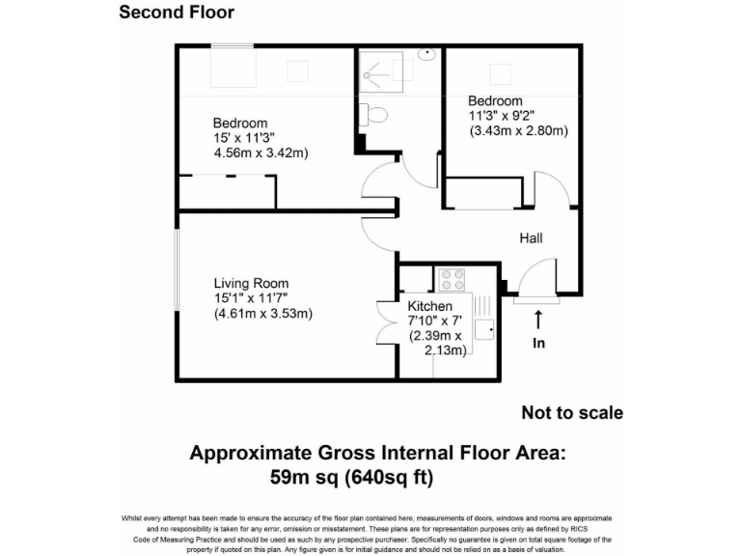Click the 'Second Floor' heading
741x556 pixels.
(x=176, y=13)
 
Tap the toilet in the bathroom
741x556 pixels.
(x=376, y=115)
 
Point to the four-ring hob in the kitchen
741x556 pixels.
(x=452, y=279)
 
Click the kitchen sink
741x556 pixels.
(x=483, y=328)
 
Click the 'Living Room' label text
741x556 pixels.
(x=251, y=283)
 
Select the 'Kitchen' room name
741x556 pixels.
(x=430, y=306)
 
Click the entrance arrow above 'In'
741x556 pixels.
(x=538, y=320)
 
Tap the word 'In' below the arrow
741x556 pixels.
(x=538, y=343)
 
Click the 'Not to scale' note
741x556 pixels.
(x=572, y=413)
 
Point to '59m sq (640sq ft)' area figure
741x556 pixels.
(x=351, y=477)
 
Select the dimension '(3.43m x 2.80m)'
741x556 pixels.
(x=518, y=131)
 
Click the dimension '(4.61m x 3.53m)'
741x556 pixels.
(x=262, y=314)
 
